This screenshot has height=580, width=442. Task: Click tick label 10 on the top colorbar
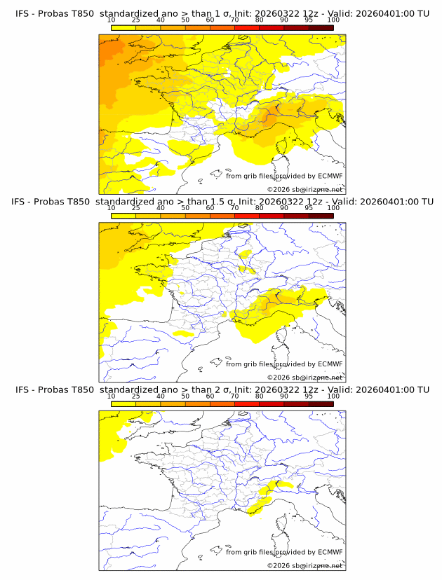tap(111, 20)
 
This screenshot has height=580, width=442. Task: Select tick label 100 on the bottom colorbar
tap(333, 396)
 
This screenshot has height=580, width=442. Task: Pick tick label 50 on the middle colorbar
tap(185, 209)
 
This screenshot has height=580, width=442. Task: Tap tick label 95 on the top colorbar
tap(309, 20)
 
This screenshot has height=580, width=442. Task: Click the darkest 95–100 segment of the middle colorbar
tap(321, 216)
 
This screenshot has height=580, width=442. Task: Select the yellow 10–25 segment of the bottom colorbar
tap(123, 404)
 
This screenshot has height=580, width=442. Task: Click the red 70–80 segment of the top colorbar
tap(246, 28)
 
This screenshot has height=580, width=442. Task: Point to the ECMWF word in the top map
tap(330, 176)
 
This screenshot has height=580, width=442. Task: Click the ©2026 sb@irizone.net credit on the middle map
tap(304, 378)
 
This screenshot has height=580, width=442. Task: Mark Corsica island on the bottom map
tap(284, 523)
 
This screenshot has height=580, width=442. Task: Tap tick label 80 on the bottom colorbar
tap(260, 396)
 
